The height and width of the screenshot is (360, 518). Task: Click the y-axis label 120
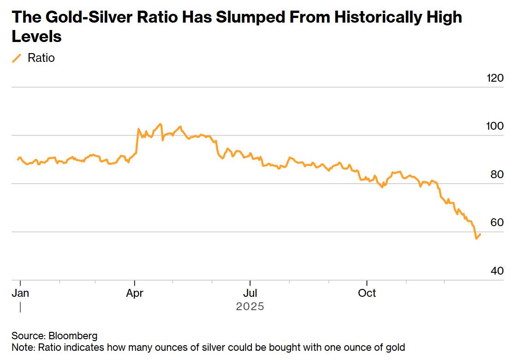coord(495,78)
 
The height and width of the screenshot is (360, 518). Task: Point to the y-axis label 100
coord(495,126)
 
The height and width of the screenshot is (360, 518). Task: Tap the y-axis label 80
coord(496,174)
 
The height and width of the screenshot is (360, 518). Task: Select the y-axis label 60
coord(496,222)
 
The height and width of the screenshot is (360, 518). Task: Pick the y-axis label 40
coord(496,271)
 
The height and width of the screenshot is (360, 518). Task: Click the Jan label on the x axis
coord(20,293)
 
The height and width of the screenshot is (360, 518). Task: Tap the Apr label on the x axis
coord(134,293)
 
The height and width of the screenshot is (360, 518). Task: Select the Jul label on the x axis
coord(250,293)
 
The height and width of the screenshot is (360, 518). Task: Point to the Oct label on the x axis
coord(367,293)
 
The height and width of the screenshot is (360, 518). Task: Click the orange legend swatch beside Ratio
coord(17,58)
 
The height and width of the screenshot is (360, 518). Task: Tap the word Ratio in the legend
coord(41,58)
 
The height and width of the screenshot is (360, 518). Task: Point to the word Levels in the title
coord(36,37)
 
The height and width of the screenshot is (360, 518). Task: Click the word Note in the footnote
coord(21,347)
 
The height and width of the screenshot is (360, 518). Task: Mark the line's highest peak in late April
coord(160,124)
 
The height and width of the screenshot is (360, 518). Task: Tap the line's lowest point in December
coord(476,239)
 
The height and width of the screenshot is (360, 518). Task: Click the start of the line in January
coord(18,160)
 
